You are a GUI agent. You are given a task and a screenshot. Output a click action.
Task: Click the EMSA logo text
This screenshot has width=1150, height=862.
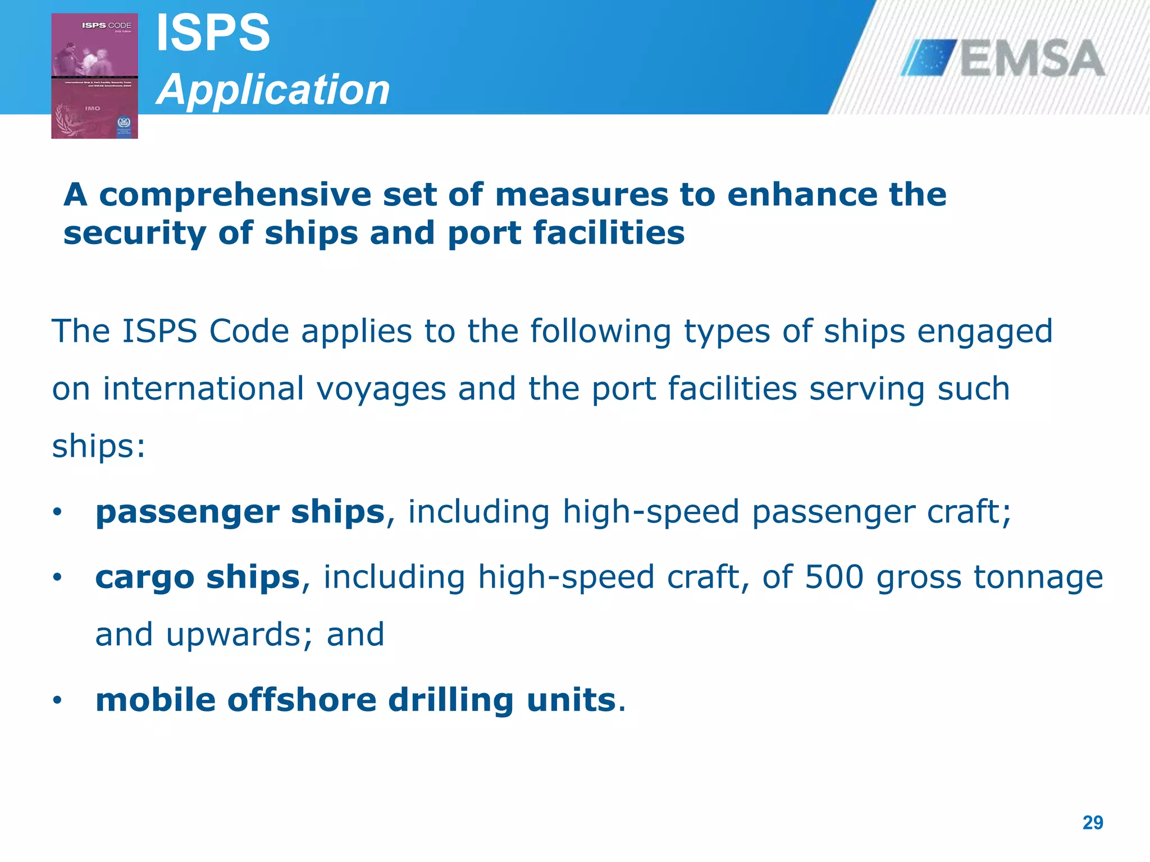[1032, 58]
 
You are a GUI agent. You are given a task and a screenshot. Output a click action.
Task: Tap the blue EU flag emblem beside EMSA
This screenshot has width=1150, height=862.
[929, 58]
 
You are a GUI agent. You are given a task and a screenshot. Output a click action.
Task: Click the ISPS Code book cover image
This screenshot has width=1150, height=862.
[94, 76]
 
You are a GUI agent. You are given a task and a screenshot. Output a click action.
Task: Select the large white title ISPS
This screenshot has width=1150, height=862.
[213, 33]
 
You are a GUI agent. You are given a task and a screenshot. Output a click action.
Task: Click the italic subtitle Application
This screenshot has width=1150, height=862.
[273, 89]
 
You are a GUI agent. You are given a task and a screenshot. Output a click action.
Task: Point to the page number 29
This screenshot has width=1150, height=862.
[1092, 823]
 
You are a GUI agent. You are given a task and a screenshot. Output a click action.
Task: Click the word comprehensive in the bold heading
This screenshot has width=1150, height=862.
[235, 195]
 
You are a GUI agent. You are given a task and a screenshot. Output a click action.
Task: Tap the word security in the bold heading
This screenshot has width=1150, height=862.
[135, 233]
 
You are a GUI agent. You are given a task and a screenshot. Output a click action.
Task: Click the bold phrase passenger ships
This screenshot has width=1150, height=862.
[240, 512]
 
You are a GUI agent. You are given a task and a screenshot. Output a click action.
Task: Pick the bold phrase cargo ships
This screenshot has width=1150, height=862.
[198, 577]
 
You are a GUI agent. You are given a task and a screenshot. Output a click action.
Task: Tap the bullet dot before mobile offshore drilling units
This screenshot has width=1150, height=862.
[57, 700]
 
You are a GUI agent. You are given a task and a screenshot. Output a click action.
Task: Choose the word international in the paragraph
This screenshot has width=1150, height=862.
[203, 388]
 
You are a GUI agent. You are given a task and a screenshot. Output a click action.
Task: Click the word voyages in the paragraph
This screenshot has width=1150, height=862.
[381, 389]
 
